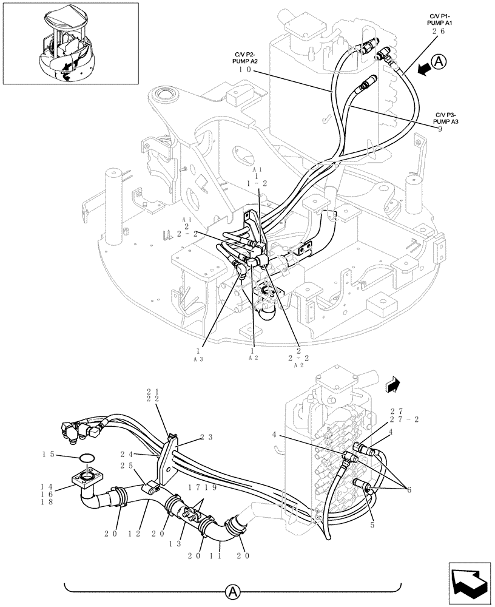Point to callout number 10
click(246, 70)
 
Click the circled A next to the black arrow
click(440, 61)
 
